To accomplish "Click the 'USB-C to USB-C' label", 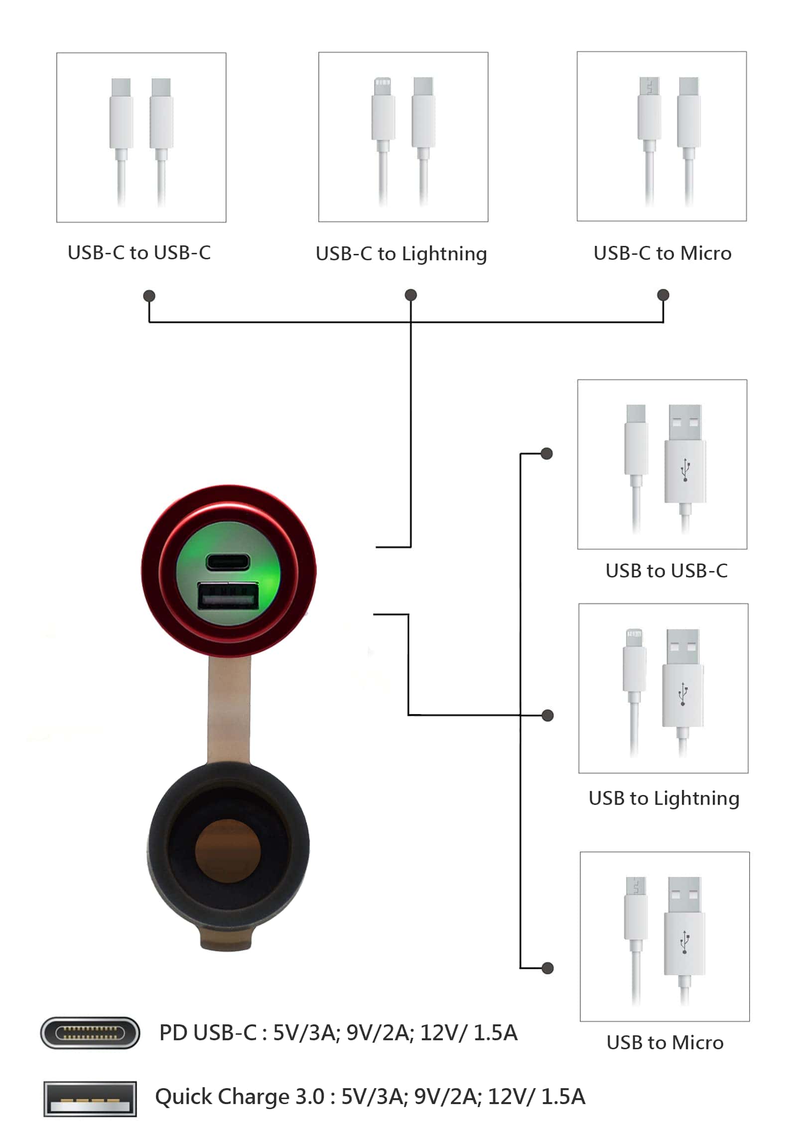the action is click(139, 253).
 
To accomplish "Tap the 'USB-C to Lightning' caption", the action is click(401, 254).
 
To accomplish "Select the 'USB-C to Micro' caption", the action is click(662, 253).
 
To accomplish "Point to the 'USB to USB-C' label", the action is click(666, 571).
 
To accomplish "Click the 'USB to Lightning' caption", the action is click(664, 798).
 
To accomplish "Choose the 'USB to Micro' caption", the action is click(665, 1043).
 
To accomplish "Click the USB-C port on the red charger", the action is click(228, 562).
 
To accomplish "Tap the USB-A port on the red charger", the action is click(228, 596).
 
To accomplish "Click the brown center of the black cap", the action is click(228, 850).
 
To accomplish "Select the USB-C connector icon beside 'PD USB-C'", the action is click(90, 1033).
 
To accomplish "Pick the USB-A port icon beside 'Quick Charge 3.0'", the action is click(90, 1099).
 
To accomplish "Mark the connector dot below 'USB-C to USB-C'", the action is click(149, 296).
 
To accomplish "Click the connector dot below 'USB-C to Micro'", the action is click(663, 295).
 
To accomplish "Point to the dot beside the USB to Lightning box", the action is click(548, 715).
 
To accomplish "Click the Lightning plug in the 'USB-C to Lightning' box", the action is click(383, 142).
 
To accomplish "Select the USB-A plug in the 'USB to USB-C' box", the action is click(685, 469).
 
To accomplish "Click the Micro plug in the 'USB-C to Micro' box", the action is click(649, 142).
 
